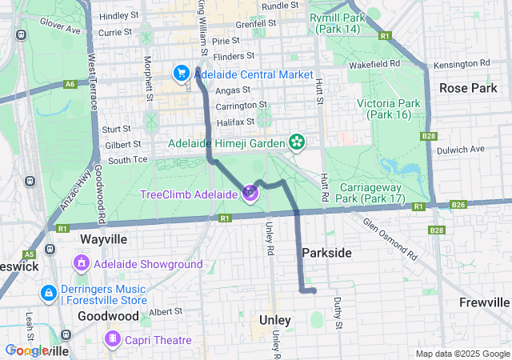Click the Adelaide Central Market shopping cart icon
pos(182,74)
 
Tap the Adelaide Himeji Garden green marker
pos(298,142)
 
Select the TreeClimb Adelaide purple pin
pos(250,192)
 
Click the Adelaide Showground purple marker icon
pos(82,263)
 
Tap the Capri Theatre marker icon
pos(113,340)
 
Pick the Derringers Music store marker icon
pos(49,294)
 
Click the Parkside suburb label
pos(326,253)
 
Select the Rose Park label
pos(468,88)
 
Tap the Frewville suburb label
pos(484,302)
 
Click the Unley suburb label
pos(275,320)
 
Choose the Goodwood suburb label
pos(109,316)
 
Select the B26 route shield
pos(458,205)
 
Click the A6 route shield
pos(71,83)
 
